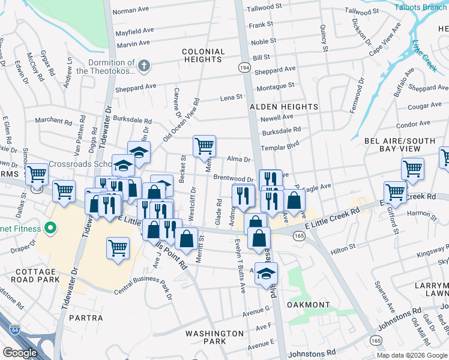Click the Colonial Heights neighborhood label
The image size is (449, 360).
coord(203,56)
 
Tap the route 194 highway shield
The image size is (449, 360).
coord(245,69)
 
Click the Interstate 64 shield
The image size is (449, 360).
coord(13,329)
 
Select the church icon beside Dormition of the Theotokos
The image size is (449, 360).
coord(144,66)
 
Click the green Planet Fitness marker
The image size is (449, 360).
coord(50,229)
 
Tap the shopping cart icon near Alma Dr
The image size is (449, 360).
coord(204,145)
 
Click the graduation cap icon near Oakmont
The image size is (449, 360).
coord(265,274)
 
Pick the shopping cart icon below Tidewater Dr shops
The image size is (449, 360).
coord(118,247)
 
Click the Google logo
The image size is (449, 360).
coord(20,353)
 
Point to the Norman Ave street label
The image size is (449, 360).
coord(130,11)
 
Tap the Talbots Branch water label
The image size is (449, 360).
coord(421,8)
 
